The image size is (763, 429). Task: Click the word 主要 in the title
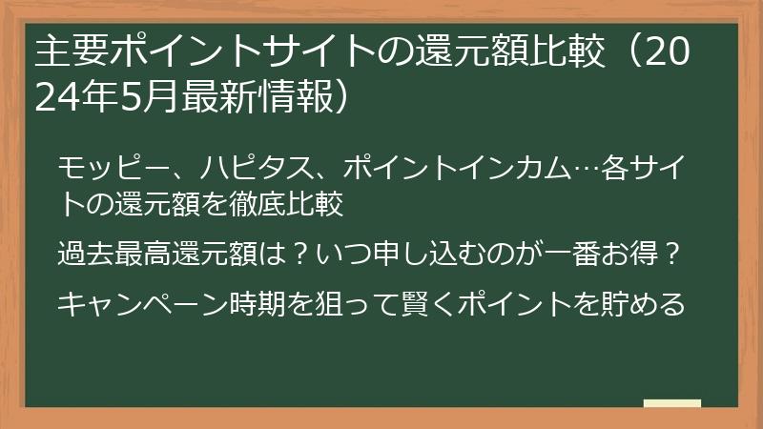(x=64, y=53)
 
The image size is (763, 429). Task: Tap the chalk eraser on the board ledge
(x=671, y=403)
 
